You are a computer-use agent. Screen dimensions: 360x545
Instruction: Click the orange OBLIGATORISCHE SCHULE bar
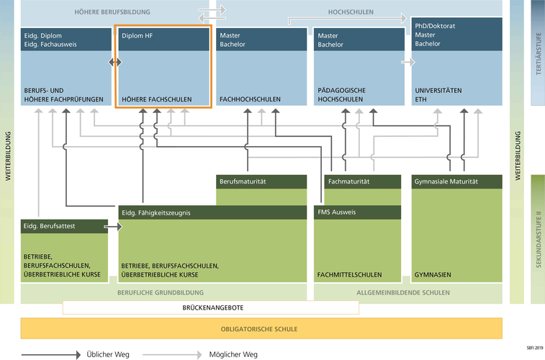(258, 329)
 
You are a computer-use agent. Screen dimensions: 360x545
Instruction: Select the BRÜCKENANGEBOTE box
(210, 307)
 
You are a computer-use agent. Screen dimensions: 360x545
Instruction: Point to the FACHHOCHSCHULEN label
(250, 99)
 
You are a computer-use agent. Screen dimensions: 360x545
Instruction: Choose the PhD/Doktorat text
(435, 26)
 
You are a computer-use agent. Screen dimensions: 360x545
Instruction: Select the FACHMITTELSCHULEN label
(349, 274)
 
